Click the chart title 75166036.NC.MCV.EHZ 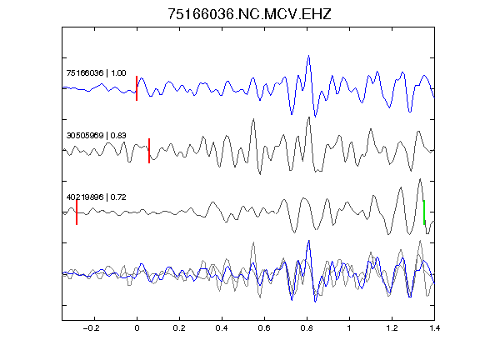pyautogui.click(x=249, y=14)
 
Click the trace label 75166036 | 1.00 pyautogui.click(x=96, y=73)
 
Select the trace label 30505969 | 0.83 pyautogui.click(x=96, y=136)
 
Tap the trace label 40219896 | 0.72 pyautogui.click(x=96, y=197)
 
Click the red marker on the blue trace pyautogui.click(x=137, y=88)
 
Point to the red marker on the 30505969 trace pyautogui.click(x=149, y=151)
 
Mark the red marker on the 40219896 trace pyautogui.click(x=77, y=212)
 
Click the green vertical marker pyautogui.click(x=424, y=212)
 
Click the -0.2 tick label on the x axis pyautogui.click(x=91, y=328)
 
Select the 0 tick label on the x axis pyautogui.click(x=137, y=328)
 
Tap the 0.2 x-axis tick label pyautogui.click(x=179, y=328)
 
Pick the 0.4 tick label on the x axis pyautogui.click(x=222, y=328)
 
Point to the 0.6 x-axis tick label pyautogui.click(x=264, y=328)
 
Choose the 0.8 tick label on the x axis pyautogui.click(x=307, y=328)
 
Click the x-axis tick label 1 pyautogui.click(x=349, y=328)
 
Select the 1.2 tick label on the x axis pyautogui.click(x=392, y=328)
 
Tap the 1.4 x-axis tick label pyautogui.click(x=434, y=328)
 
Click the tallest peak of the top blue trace pyautogui.click(x=308, y=56)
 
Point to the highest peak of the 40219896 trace pyautogui.click(x=420, y=179)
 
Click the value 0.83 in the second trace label pyautogui.click(x=118, y=136)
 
